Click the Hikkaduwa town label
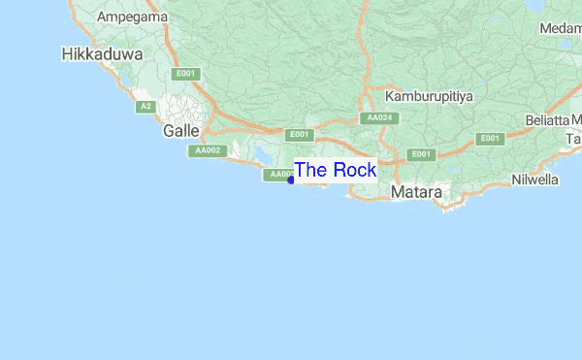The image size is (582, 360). (x=99, y=54)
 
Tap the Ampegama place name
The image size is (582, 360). (x=132, y=17)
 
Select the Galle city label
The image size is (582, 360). (x=181, y=130)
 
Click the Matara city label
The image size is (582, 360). (x=416, y=193)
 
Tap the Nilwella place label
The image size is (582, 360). (x=535, y=180)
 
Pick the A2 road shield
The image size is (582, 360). (x=145, y=106)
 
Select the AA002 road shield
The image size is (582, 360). (x=209, y=150)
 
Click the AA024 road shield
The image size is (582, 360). (x=378, y=118)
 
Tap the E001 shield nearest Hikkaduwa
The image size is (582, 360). (x=185, y=74)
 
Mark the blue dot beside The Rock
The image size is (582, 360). (x=291, y=180)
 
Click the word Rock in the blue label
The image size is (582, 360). (x=354, y=170)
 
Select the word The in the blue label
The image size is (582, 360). (x=311, y=170)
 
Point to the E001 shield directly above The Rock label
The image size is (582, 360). (x=301, y=134)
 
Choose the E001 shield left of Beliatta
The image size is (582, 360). (x=491, y=138)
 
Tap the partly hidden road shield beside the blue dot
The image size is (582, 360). (x=277, y=175)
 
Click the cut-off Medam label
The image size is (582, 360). (x=560, y=28)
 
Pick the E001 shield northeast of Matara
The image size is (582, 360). (x=421, y=154)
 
